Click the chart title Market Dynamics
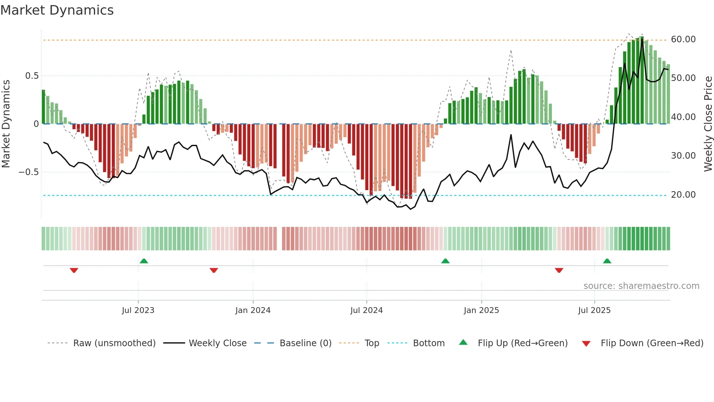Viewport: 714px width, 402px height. (57, 10)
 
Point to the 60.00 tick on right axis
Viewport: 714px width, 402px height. (683, 39)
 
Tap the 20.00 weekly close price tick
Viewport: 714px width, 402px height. (683, 195)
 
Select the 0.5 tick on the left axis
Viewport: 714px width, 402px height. (32, 76)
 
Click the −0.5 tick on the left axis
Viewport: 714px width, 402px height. (29, 172)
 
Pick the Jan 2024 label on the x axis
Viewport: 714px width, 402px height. (253, 310)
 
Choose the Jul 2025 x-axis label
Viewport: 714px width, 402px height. (594, 310)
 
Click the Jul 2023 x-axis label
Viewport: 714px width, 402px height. (138, 310)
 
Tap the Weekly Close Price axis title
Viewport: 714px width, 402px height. (708, 124)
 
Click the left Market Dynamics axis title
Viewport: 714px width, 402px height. (6, 124)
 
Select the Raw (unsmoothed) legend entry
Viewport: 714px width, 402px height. (114, 343)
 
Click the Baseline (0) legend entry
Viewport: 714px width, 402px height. (305, 343)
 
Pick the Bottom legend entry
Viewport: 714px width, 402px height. (428, 343)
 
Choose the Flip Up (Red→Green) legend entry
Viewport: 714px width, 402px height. (522, 343)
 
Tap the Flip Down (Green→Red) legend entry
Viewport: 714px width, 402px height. (652, 343)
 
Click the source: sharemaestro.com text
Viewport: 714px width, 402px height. (641, 286)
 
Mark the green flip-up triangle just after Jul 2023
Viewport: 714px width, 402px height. (144, 261)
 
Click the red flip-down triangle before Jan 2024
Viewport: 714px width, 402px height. (214, 270)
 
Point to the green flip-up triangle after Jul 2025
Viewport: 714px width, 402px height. (607, 261)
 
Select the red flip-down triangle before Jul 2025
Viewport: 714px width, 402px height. (559, 270)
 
